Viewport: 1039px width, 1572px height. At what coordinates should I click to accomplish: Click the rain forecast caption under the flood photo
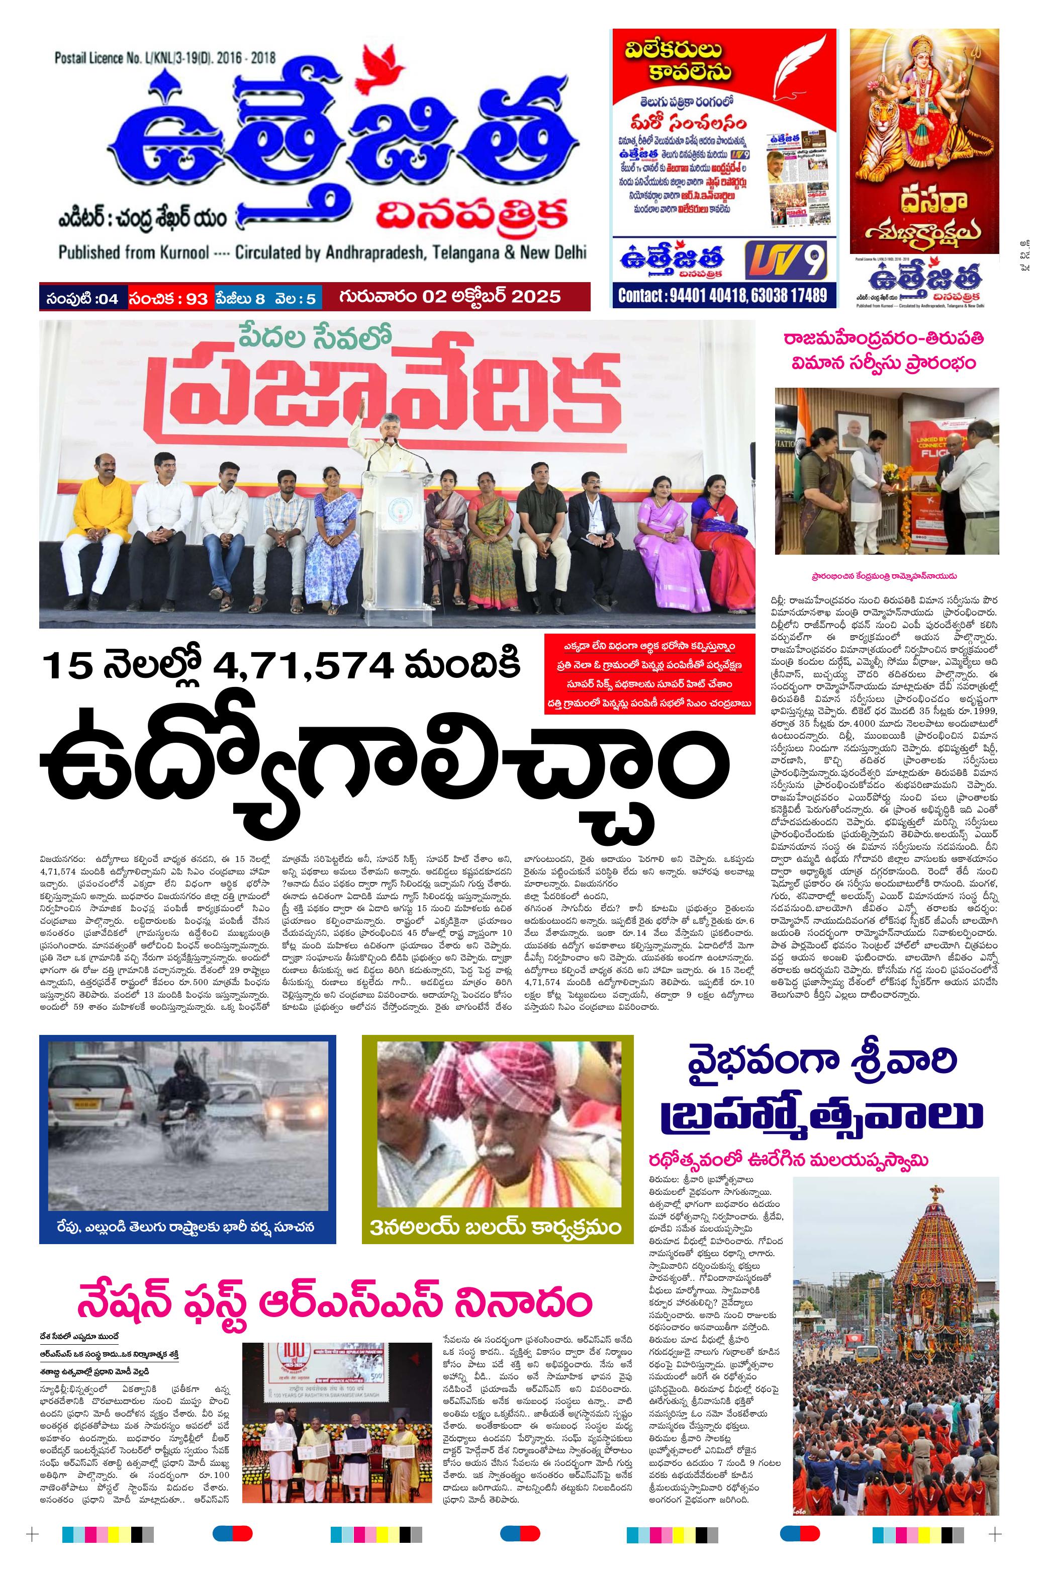pos(185,1226)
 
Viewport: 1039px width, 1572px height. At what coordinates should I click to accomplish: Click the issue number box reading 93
pos(169,298)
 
